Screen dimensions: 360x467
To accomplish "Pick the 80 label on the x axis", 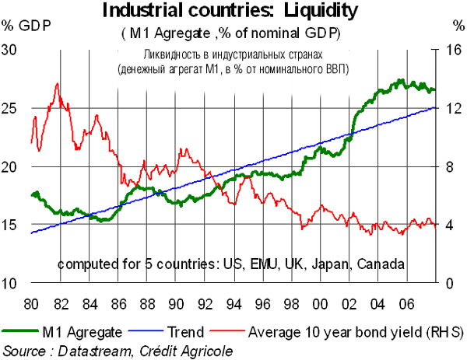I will (31, 302).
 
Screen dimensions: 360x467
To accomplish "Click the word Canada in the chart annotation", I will (381, 264).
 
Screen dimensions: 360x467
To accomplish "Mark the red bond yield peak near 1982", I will (57, 84).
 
